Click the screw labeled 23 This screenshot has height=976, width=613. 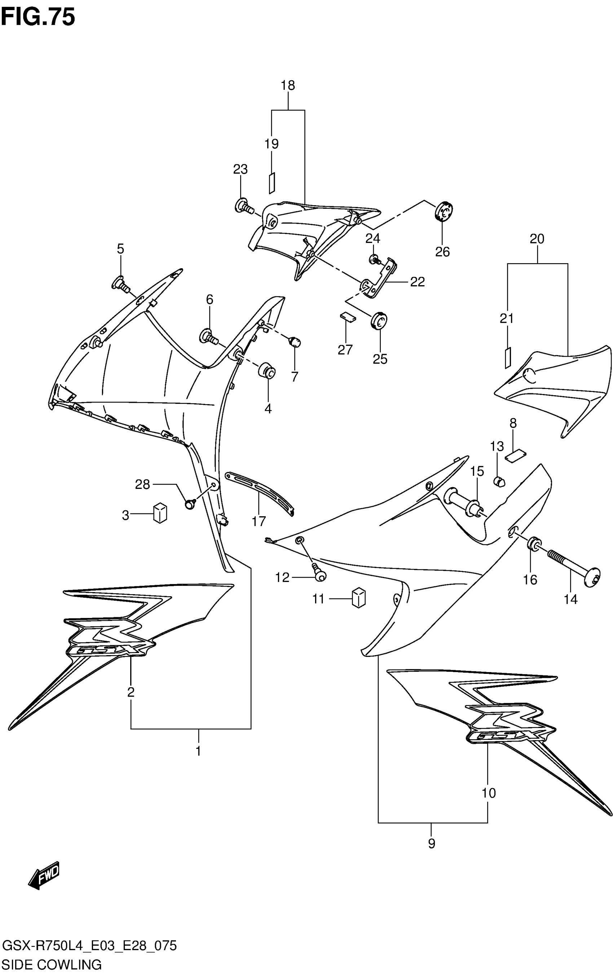pyautogui.click(x=244, y=206)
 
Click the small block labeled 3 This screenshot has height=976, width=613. pyautogui.click(x=160, y=513)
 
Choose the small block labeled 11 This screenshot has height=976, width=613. pyautogui.click(x=358, y=598)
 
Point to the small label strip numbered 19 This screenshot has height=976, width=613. pyautogui.click(x=272, y=182)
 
